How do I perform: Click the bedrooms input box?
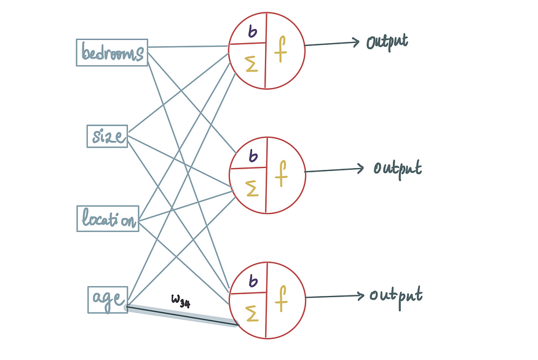[112, 52]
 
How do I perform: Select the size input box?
[107, 137]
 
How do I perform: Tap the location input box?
[108, 219]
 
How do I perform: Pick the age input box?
[108, 300]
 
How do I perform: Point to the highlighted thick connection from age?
[181, 315]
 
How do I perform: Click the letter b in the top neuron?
[252, 31]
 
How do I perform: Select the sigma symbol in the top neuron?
[251, 64]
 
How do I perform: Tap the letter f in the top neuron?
[280, 49]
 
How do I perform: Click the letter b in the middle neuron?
[253, 156]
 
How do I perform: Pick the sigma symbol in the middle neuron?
[252, 188]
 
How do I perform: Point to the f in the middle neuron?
[281, 174]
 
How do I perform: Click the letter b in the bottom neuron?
[253, 281]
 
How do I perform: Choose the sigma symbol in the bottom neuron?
[252, 314]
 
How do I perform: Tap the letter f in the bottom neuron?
[281, 298]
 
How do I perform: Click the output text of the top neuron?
[387, 42]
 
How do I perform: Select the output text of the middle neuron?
[398, 169]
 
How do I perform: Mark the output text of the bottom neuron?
[396, 297]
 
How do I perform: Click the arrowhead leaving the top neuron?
[356, 42]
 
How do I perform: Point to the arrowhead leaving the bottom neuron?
[360, 295]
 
